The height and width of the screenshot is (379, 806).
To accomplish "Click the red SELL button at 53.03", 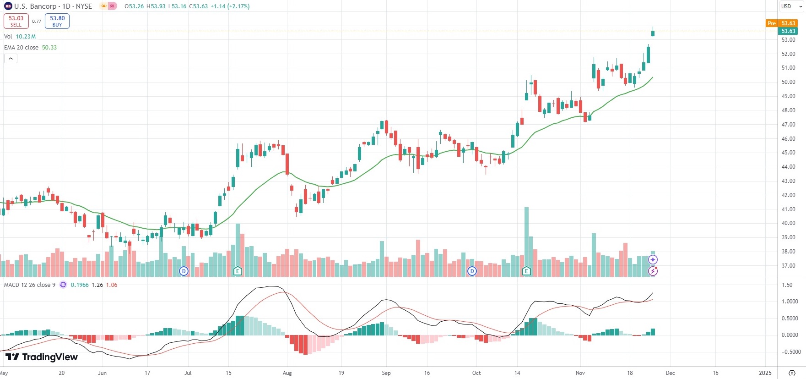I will [x=16, y=21].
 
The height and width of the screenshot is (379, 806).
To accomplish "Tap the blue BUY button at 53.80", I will [x=57, y=21].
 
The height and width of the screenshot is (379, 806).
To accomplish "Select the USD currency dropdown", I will [x=791, y=6].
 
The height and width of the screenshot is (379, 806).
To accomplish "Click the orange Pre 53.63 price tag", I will [x=782, y=23].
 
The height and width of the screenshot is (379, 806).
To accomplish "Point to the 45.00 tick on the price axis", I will [x=788, y=153].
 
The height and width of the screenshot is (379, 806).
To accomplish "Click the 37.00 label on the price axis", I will [x=788, y=266].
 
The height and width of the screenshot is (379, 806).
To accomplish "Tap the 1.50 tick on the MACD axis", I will [x=787, y=285].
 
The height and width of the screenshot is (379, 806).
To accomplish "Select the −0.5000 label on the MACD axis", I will [x=790, y=352].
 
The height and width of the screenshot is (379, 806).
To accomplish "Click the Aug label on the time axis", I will [x=287, y=373].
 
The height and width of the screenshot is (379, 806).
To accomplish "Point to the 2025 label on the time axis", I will [x=765, y=373].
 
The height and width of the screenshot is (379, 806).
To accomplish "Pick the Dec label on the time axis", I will [x=670, y=373].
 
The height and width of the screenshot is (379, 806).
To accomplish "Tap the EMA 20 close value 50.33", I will [x=49, y=48].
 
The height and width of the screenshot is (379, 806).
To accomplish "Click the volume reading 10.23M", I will [x=26, y=37].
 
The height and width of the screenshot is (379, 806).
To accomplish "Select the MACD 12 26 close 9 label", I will [x=30, y=285].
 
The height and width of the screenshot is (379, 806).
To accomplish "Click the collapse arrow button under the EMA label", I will [x=11, y=59].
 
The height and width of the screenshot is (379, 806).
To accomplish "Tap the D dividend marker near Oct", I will [x=472, y=271].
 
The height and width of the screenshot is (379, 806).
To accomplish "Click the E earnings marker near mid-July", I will [x=237, y=271].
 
